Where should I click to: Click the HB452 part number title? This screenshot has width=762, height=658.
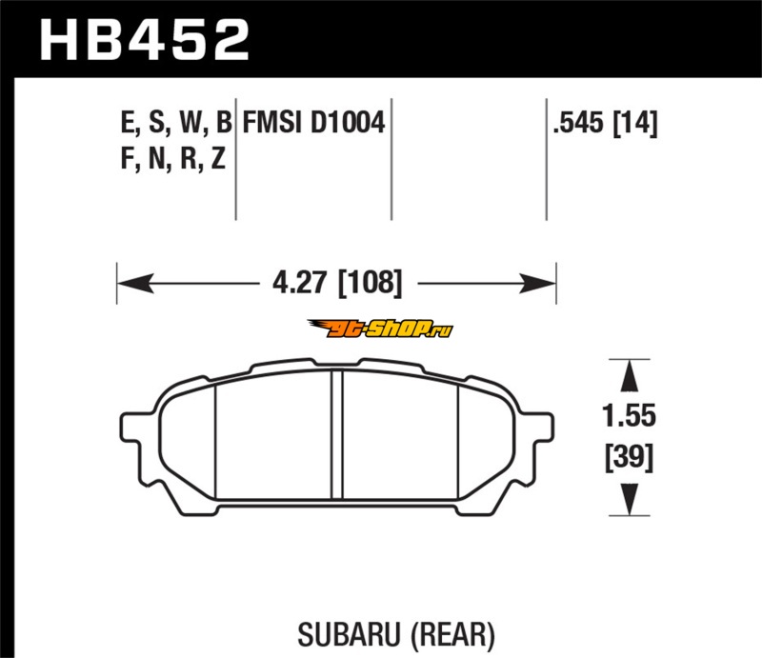click(145, 39)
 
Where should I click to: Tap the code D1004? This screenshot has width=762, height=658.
click(348, 122)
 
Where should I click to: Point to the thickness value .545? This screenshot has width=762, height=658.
click(578, 122)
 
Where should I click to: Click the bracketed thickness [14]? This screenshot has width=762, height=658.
click(635, 122)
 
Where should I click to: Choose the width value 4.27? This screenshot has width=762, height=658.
click(299, 282)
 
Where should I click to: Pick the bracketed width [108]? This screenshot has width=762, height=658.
click(371, 283)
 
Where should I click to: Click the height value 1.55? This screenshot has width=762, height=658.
click(629, 416)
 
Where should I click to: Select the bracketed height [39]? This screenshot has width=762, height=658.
click(630, 456)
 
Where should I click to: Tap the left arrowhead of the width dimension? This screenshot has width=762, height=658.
click(135, 283)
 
